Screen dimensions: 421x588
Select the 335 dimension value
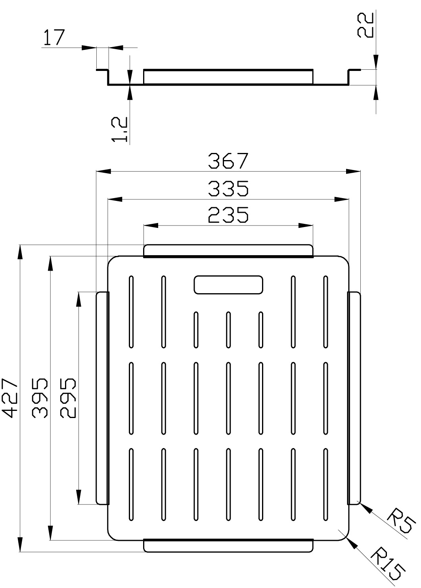(228, 189)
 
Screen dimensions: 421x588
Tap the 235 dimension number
(228, 215)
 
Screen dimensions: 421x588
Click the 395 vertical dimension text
(40, 398)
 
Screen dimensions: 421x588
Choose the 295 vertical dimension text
(68, 398)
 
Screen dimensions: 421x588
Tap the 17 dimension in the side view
(54, 38)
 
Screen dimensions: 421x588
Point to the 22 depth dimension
(366, 25)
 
